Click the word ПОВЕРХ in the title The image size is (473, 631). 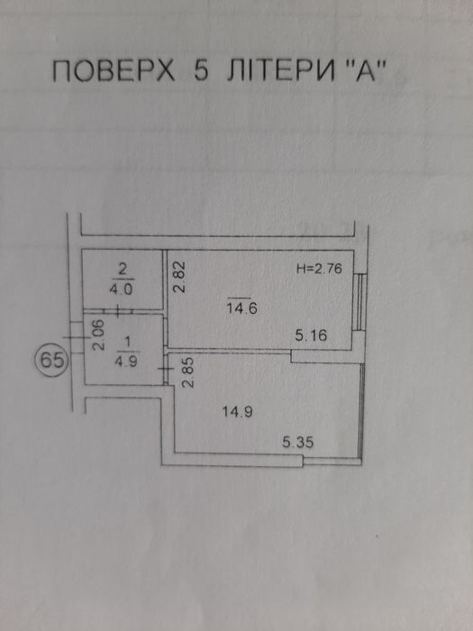click(114, 71)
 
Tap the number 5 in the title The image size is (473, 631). click(201, 71)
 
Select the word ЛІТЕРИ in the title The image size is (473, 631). click(281, 71)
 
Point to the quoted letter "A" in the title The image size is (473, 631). click(360, 71)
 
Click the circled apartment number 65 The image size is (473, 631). click(52, 361)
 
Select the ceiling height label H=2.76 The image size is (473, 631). click(319, 269)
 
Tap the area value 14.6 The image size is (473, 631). click(241, 308)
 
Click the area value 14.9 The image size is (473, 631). click(237, 412)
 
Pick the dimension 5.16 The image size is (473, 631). click(311, 335)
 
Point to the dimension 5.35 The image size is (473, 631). click(297, 443)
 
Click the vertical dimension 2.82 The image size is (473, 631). click(181, 278)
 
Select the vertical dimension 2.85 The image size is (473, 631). click(188, 372)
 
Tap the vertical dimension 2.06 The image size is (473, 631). click(99, 334)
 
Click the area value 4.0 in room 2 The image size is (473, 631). click(123, 289)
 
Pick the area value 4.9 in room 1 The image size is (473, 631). click(126, 361)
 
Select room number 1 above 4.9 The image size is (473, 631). click(128, 342)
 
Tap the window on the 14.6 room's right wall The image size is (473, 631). click(360, 303)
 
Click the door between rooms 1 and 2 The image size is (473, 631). click(117, 311)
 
